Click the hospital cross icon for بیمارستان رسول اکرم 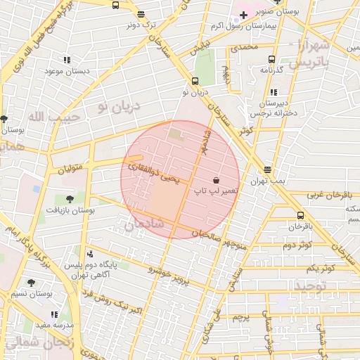click(x=243, y=15)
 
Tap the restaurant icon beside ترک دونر click(x=141, y=14)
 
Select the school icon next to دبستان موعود click(x=67, y=60)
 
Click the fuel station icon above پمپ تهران click(x=268, y=169)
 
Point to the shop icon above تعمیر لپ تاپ click(x=214, y=180)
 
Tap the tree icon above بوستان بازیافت click(x=69, y=199)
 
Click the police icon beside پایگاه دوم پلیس click(x=89, y=255)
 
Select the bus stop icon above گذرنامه click(x=271, y=60)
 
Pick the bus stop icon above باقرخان click(x=300, y=215)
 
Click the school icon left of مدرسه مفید click(x=54, y=314)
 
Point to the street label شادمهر click(x=204, y=141)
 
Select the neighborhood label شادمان click(x=143, y=224)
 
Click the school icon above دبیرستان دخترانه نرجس click(x=273, y=92)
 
